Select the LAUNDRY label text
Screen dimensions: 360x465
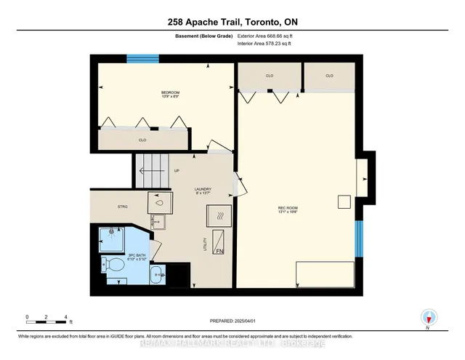coord(203,191)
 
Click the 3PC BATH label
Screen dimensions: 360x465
coord(117,256)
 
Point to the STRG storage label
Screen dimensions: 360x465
coord(123,207)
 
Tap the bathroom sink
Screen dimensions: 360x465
coord(157,275)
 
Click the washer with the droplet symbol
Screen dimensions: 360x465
coord(159,204)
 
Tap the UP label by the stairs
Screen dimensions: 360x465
coord(177,172)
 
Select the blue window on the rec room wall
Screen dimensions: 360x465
coord(357,239)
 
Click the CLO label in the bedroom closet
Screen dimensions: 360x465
coord(142,139)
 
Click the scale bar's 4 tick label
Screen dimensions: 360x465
coord(66,317)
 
